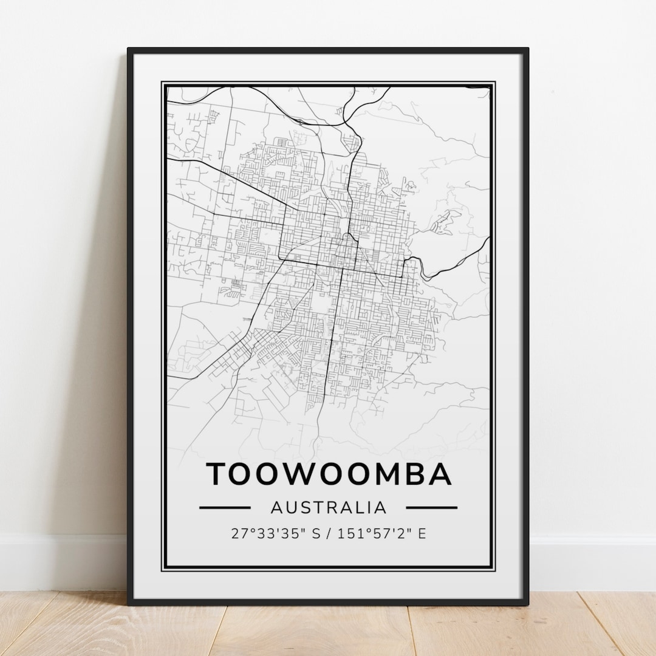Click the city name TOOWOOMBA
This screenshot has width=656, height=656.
(330, 474)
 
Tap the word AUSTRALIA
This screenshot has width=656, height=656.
(329, 507)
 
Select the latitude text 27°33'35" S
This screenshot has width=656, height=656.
(275, 534)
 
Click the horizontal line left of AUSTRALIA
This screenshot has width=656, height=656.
(225, 507)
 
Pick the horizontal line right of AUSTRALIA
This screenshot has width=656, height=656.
(431, 507)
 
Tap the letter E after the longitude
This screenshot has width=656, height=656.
(422, 534)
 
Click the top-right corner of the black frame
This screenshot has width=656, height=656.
(527, 49)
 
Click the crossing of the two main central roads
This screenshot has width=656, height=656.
(342, 266)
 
